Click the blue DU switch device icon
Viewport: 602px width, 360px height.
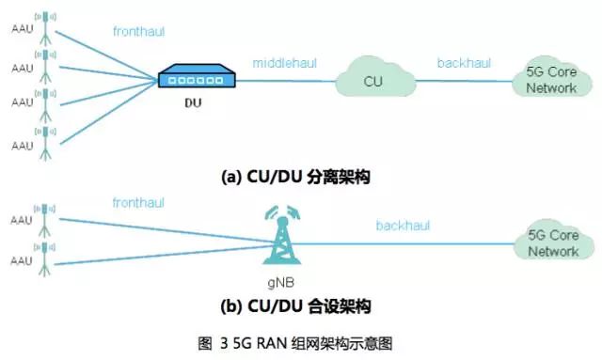(194, 77)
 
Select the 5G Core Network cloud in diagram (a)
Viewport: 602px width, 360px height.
(552, 80)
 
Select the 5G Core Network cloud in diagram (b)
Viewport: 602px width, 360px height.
(552, 243)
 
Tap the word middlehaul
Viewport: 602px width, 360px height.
(284, 63)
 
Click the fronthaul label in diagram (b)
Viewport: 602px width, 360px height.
(139, 202)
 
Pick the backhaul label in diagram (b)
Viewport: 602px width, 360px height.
(402, 226)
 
